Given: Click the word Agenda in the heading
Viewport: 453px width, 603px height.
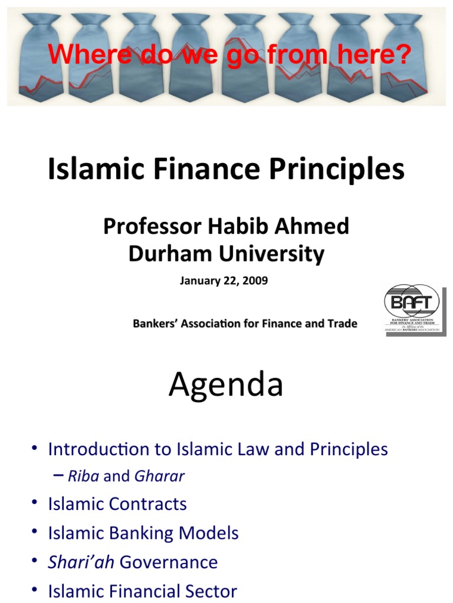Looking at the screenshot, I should click(226, 385).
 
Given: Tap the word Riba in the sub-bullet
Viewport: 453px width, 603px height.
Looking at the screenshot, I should click(84, 476).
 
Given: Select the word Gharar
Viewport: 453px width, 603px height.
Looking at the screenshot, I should click(159, 476).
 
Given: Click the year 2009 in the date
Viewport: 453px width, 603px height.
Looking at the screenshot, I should click(254, 281).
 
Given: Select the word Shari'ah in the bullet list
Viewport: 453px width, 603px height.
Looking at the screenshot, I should click(81, 562).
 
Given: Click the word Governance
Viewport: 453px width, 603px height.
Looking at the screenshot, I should click(169, 562).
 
